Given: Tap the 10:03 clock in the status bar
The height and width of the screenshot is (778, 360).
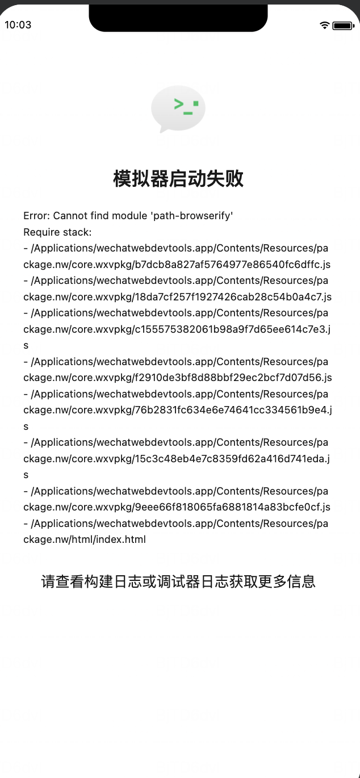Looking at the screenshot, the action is [x=18, y=25].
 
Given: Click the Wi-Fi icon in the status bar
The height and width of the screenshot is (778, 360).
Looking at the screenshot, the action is [x=325, y=25].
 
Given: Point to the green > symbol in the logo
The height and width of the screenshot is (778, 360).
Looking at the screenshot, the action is [x=179, y=103].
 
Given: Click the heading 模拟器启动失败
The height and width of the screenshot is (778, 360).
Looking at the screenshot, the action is [x=178, y=179].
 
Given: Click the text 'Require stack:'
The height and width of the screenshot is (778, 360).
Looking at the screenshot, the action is [x=57, y=232].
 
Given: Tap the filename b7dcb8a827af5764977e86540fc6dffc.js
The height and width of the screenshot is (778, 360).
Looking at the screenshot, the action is [x=233, y=265].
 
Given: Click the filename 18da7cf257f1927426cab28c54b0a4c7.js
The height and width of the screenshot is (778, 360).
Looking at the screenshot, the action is [x=233, y=297].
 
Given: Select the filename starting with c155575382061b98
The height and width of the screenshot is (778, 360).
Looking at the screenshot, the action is [x=233, y=329].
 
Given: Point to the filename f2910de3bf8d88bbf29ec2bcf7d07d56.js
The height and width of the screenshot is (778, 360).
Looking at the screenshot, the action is [x=233, y=378].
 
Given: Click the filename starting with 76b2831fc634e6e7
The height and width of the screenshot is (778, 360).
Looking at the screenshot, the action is [x=233, y=410].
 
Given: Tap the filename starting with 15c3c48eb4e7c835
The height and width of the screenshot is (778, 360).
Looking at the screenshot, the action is [x=232, y=459].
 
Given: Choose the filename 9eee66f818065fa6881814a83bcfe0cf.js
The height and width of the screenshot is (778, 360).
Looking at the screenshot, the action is [x=233, y=507].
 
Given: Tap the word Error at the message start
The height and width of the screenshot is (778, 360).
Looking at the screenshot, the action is [x=36, y=216].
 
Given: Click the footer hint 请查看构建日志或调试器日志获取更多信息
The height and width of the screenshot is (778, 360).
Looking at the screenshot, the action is [x=178, y=582].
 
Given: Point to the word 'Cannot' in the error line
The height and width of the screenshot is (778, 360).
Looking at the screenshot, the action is [x=70, y=216].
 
